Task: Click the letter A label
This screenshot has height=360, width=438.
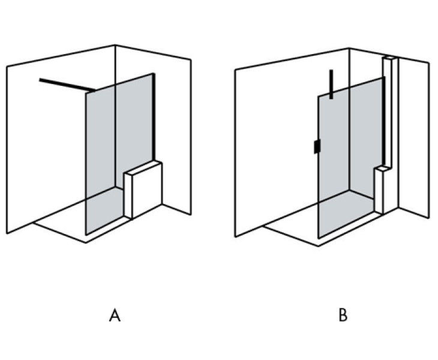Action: pos(115,315)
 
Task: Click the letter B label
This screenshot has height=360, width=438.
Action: pos(343,315)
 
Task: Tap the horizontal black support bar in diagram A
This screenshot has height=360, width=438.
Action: pos(66,85)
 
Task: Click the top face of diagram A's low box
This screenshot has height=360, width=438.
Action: pos(143,167)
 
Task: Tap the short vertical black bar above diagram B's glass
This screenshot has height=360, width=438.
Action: pos(331,84)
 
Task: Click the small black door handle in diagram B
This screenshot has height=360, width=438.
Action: pos(316,147)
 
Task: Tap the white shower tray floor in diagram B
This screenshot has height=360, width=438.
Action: pos(288,228)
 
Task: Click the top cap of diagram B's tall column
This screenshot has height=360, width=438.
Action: pos(389,58)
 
